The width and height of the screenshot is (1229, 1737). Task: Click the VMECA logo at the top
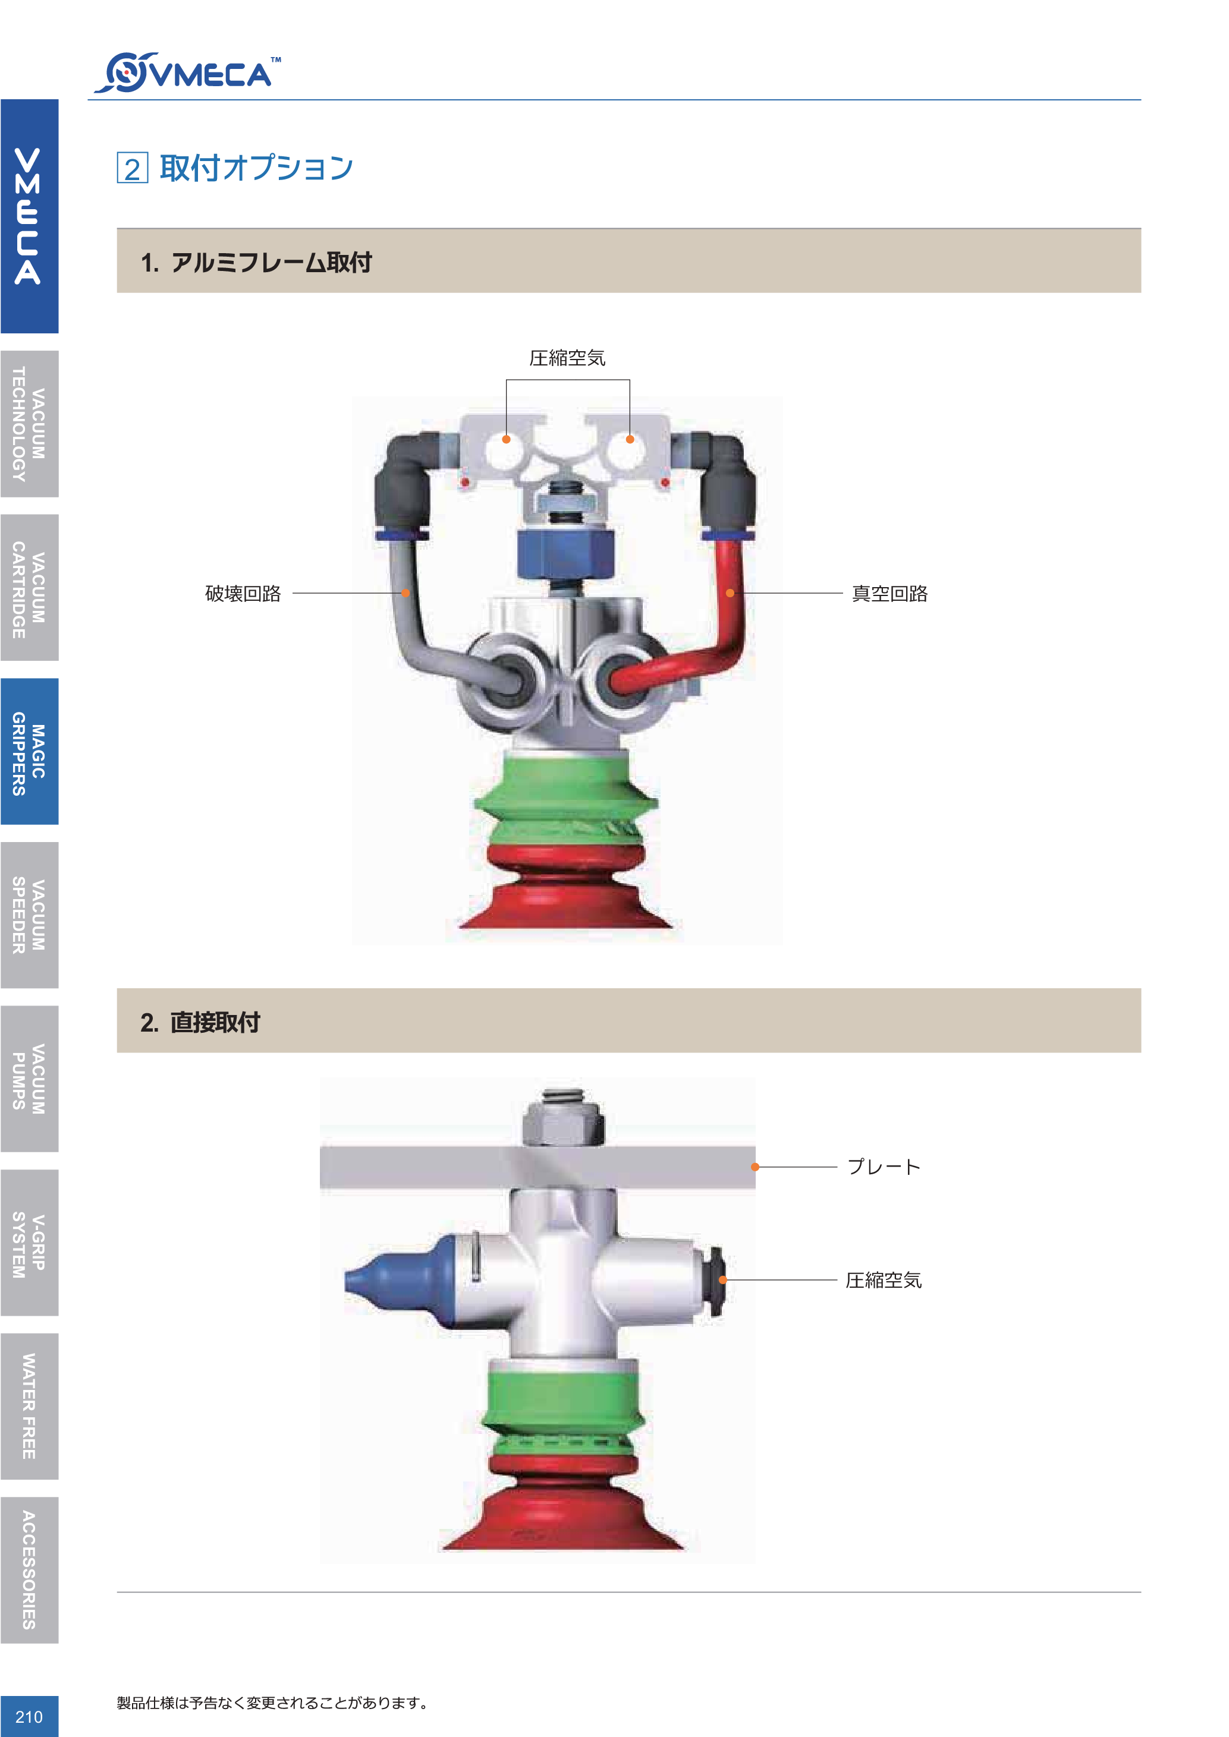point(187,72)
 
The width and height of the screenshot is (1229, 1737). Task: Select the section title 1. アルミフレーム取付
point(256,263)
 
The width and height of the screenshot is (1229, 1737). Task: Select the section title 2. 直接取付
point(200,1022)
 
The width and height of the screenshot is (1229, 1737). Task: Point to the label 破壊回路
point(243,593)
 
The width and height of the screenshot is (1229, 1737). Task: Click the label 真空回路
point(890,593)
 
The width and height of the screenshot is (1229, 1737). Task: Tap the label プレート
point(883,1167)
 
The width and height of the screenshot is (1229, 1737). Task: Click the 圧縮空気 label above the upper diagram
point(568,358)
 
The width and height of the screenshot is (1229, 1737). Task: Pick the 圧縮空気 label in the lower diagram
point(884,1280)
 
